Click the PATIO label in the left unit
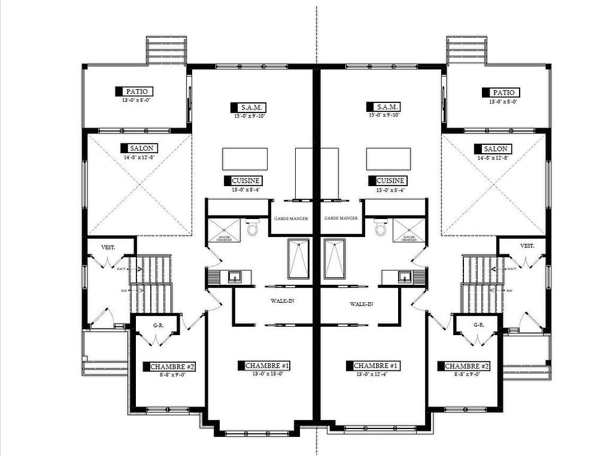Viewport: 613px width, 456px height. [x=138, y=92]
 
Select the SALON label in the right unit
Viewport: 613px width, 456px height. [x=495, y=148]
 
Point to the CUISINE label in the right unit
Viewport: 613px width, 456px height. [x=391, y=181]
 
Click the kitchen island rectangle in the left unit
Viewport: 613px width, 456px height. [x=245, y=159]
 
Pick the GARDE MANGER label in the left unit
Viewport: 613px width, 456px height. [x=291, y=219]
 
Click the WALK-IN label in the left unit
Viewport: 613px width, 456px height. [x=283, y=301]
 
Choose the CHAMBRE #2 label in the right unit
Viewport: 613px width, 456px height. [x=466, y=366]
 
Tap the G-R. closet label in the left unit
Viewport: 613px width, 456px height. [x=159, y=326]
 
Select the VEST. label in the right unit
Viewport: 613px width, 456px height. [x=527, y=246]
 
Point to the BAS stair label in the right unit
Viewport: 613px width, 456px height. [x=509, y=291]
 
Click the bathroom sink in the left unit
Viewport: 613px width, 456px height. [x=234, y=277]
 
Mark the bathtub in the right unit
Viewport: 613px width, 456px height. [x=335, y=259]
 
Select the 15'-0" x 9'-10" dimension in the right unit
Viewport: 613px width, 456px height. [x=384, y=115]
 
